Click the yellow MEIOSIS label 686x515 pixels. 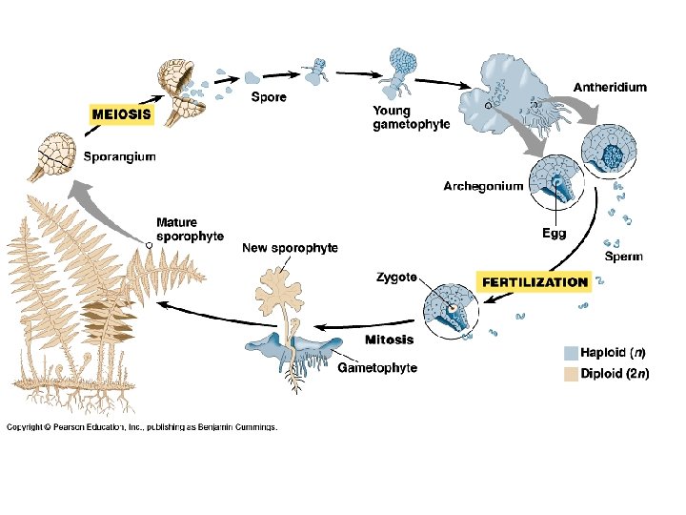[121, 113]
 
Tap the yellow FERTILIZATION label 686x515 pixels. [534, 281]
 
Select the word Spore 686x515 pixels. [269, 96]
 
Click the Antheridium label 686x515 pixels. [609, 87]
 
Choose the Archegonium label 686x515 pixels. [483, 186]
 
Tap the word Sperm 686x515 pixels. [624, 257]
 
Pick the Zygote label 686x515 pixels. [395, 278]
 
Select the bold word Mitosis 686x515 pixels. [390, 340]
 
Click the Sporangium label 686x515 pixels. [119, 157]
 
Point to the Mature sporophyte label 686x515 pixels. [190, 230]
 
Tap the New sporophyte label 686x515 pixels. [290, 248]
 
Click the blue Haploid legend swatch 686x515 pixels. [571, 352]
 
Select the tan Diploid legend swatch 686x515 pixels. [571, 373]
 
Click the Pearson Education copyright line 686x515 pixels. [142, 427]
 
